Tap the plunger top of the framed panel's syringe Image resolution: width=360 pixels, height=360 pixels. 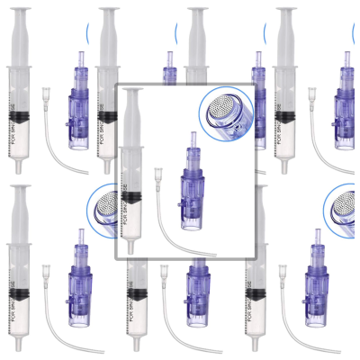(133, 92)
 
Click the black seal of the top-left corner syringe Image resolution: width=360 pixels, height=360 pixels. (20, 112)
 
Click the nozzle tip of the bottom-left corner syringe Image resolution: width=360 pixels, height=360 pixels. (20, 349)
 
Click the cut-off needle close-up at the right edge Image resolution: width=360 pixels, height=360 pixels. (345, 206)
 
